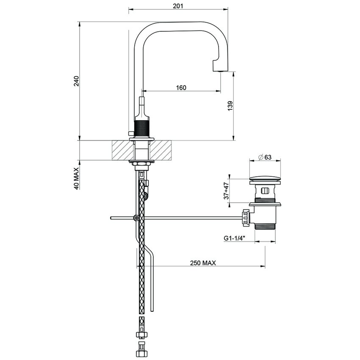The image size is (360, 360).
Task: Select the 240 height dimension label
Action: click(x=76, y=81)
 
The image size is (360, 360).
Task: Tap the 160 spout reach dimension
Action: click(x=181, y=88)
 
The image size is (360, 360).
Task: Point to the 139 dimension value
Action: click(x=230, y=105)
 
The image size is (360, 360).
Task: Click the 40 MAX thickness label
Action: click(x=76, y=178)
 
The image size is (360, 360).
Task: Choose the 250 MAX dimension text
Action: click(x=203, y=263)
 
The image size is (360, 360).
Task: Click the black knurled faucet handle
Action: click(x=141, y=127)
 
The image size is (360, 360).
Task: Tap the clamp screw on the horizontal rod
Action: click(x=136, y=218)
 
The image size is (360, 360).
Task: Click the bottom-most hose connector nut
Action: click(x=141, y=352)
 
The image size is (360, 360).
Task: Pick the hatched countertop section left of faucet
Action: click(x=121, y=150)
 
